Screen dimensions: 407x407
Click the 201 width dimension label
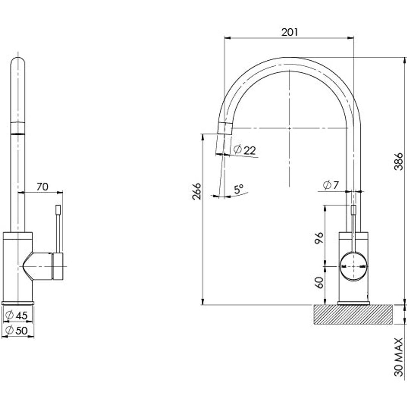pyautogui.click(x=289, y=32)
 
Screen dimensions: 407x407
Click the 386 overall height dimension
pyautogui.click(x=398, y=162)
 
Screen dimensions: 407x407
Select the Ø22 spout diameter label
pyautogui.click(x=245, y=150)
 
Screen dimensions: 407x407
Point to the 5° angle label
pyautogui.click(x=239, y=189)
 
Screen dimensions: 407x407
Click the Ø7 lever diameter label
pyautogui.click(x=331, y=185)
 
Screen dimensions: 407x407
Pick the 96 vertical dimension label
pyautogui.click(x=319, y=238)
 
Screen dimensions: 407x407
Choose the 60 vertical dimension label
pyautogui.click(x=319, y=282)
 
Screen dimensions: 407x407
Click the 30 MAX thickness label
pyautogui.click(x=398, y=357)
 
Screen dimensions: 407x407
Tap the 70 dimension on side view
pyautogui.click(x=43, y=187)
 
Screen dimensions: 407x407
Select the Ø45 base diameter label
pyautogui.click(x=17, y=315)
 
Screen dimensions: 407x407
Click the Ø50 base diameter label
pyautogui.click(x=17, y=330)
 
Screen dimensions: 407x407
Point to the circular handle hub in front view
pyautogui.click(x=353, y=266)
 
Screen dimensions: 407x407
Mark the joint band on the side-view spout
pyautogui.click(x=18, y=128)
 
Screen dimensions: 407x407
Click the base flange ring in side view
pyautogui.click(x=18, y=303)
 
